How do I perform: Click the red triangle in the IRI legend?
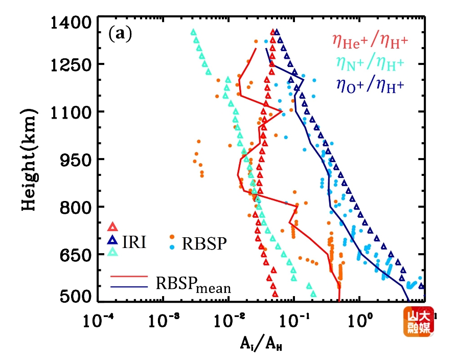coord(113,227)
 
